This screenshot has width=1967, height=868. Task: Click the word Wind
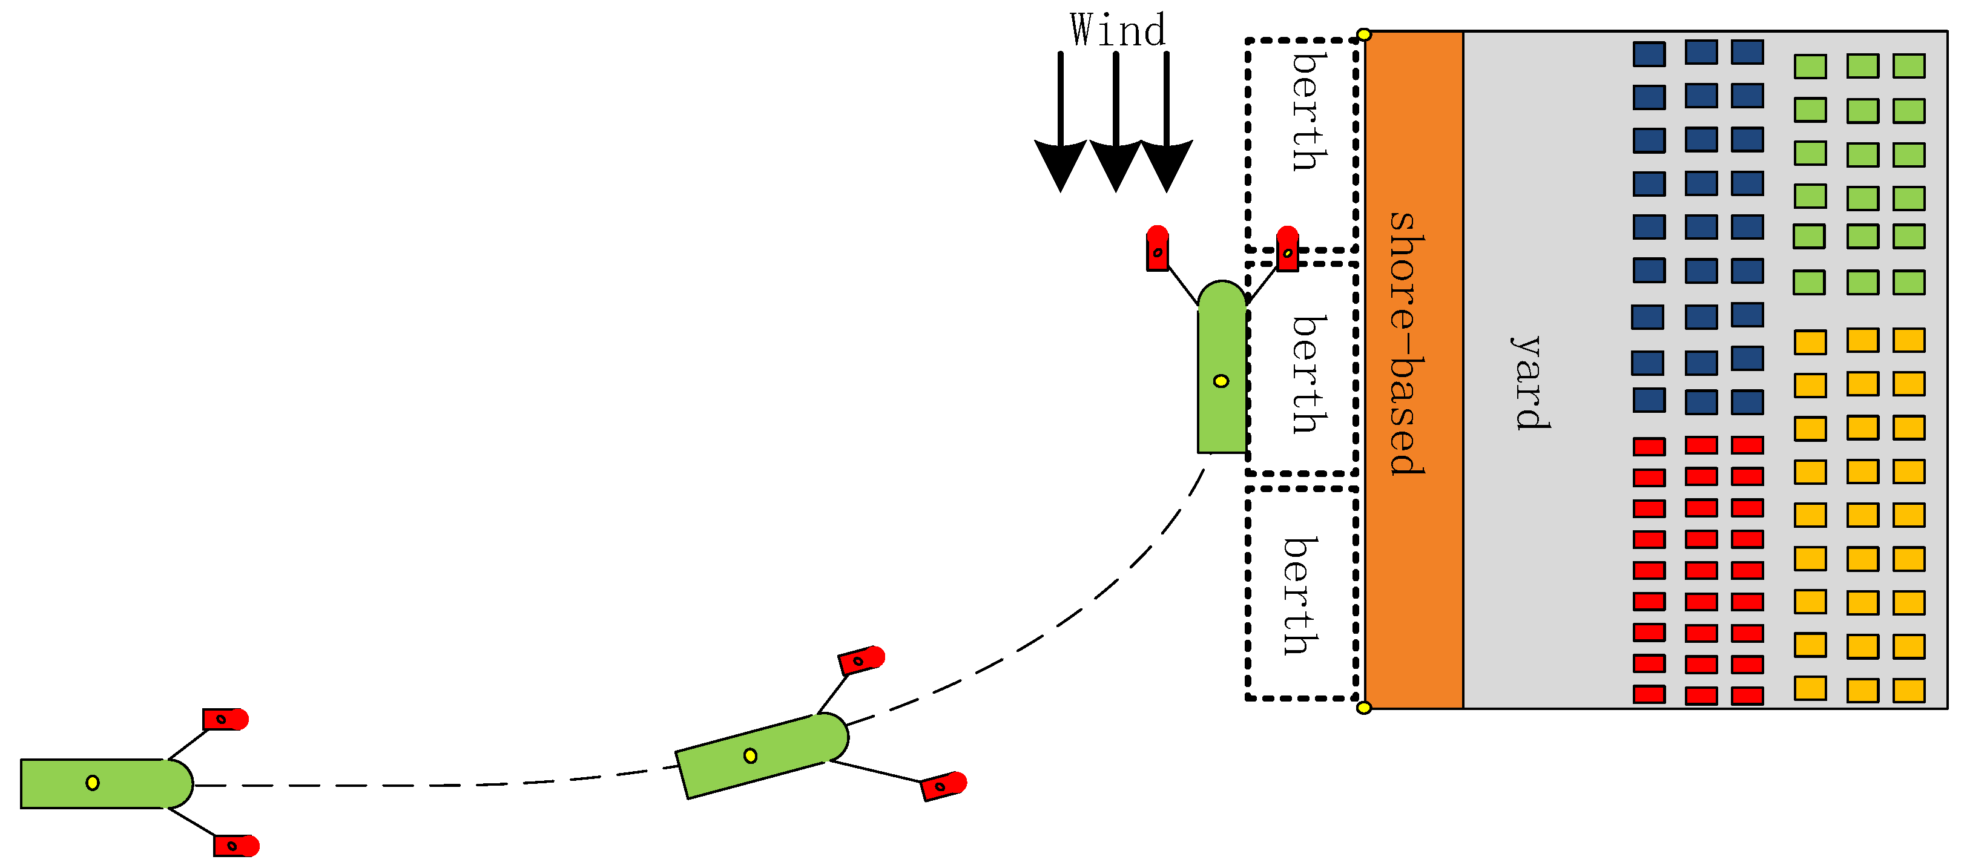click(x=1117, y=30)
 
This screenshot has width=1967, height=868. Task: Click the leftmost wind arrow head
click(x=1060, y=164)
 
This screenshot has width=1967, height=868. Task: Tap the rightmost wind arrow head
click(x=1166, y=164)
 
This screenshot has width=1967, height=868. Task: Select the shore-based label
click(x=1406, y=344)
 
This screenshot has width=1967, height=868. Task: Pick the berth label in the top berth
click(x=1308, y=111)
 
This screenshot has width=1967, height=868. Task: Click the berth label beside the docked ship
click(x=1308, y=374)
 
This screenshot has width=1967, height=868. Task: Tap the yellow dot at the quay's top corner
click(x=1364, y=35)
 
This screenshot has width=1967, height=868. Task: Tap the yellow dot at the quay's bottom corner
click(x=1364, y=708)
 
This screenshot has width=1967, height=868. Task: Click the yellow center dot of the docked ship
click(x=1221, y=381)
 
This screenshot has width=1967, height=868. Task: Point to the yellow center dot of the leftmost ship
click(x=93, y=783)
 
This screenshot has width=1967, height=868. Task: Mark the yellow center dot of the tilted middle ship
click(x=751, y=756)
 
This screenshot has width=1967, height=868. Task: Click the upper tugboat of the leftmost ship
click(x=225, y=719)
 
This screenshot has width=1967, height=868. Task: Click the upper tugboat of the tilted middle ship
click(x=860, y=660)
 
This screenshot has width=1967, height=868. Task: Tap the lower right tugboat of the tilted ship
click(x=943, y=786)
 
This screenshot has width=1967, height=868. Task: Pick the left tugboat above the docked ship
click(x=1158, y=249)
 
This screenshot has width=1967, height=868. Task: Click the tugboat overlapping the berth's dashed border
click(x=1287, y=249)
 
